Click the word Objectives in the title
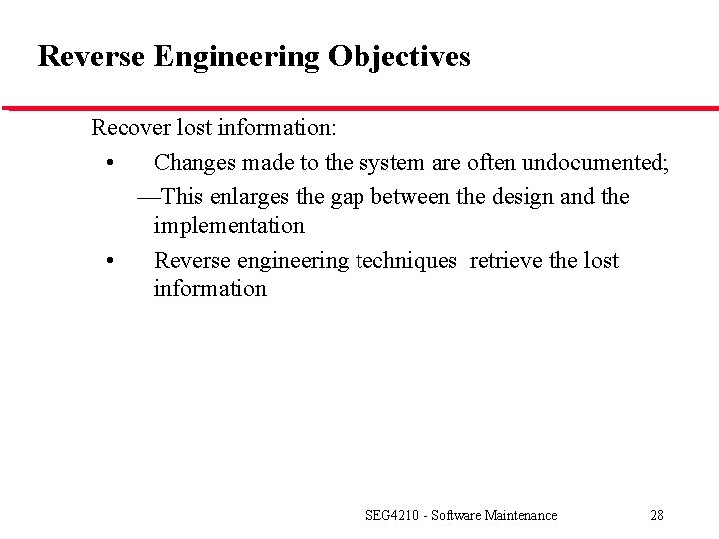pos(398,57)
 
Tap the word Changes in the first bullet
pos(194,162)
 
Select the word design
pos(524,196)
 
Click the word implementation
pos(229,226)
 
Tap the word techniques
pos(409,261)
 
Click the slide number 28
pos(656,515)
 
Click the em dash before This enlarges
pos(147,197)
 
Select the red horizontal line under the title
pos(359,108)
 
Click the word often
pos(485,162)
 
